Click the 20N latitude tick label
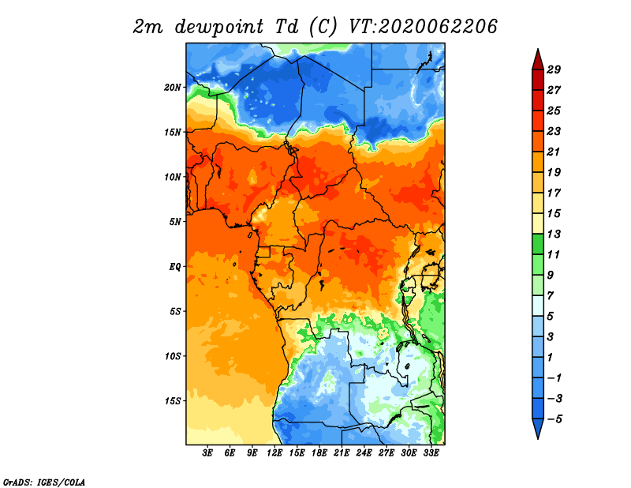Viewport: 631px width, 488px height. tap(173, 88)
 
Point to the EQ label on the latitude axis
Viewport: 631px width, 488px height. tap(175, 267)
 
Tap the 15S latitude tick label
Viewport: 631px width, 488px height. tap(173, 401)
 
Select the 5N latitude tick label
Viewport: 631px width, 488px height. tap(175, 222)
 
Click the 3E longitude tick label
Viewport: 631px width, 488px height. tap(207, 453)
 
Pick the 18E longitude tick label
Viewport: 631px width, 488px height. tap(319, 453)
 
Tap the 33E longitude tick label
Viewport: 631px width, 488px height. tap(431, 453)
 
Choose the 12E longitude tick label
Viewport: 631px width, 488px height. tap(274, 453)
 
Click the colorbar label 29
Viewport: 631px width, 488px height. tap(554, 69)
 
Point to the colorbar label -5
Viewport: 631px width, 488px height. tap(554, 419)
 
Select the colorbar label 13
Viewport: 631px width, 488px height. tap(554, 234)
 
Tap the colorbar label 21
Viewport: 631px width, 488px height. tap(554, 152)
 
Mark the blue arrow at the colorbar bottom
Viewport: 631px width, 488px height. tap(538, 428)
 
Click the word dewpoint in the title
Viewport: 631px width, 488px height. tap(219, 27)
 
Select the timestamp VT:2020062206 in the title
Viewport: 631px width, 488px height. tap(423, 27)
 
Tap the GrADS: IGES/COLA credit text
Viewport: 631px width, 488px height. tap(44, 482)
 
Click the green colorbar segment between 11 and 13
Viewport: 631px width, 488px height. tap(538, 244)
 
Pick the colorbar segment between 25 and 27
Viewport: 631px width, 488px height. tap(538, 100)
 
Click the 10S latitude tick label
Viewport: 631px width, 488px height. tap(173, 356)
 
